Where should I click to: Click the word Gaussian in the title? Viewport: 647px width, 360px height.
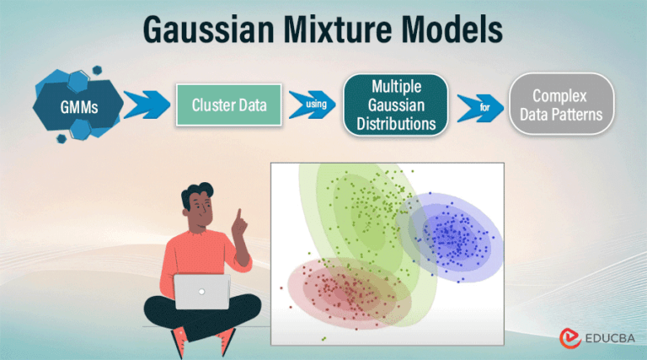click(x=208, y=30)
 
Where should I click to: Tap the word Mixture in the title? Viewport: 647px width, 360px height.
click(x=338, y=29)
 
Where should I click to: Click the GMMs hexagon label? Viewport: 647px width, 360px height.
click(x=79, y=107)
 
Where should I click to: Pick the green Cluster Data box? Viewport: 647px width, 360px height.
click(x=229, y=105)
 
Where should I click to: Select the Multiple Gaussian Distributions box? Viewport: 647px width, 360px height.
click(x=396, y=105)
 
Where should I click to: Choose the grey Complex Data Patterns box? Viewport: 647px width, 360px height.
click(x=561, y=104)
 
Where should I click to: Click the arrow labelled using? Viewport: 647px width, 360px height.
click(x=313, y=105)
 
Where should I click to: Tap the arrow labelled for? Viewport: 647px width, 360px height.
click(x=480, y=108)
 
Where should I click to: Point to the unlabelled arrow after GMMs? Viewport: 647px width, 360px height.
click(x=147, y=105)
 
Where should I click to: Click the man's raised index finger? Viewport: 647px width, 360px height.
click(x=238, y=216)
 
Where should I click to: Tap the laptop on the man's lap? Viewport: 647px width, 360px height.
click(x=202, y=292)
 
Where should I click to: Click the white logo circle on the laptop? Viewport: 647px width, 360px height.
click(x=202, y=292)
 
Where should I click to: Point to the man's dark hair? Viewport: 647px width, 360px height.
click(x=196, y=192)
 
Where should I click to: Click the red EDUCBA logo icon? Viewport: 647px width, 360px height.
click(x=569, y=338)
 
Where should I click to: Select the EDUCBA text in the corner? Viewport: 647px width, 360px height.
click(x=610, y=339)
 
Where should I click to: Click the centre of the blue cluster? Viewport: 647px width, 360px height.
click(x=451, y=237)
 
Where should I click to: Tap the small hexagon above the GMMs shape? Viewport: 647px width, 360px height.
click(x=97, y=70)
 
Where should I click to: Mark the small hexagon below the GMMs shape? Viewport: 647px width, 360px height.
click(x=61, y=139)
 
